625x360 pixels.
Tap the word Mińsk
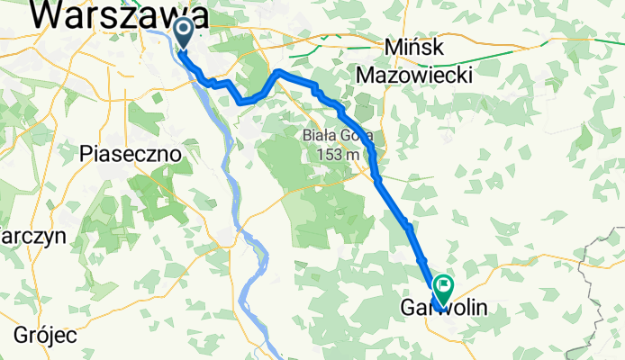click(414, 47)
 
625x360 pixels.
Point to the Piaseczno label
click(130, 154)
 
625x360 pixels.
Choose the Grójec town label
click(44, 336)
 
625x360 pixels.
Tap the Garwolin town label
click(443, 309)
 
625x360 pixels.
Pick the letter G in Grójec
click(21, 336)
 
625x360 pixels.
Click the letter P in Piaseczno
click(86, 154)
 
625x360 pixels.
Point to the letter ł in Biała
click(330, 136)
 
